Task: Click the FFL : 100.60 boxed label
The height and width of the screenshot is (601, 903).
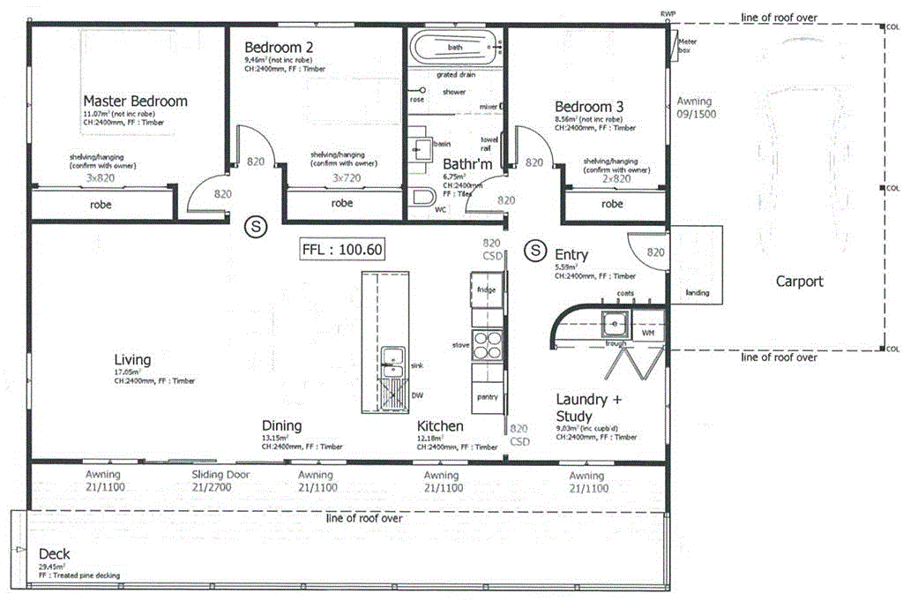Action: pos(342,250)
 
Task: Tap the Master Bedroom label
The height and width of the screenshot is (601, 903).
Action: pos(135,101)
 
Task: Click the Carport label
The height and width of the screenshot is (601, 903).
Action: pos(799,282)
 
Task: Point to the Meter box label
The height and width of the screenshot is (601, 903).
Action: pos(689,46)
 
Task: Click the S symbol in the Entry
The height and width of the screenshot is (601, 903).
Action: pos(534,251)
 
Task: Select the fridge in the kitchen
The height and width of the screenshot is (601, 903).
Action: pos(486,290)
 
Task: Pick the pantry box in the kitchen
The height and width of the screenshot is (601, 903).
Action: pos(487,397)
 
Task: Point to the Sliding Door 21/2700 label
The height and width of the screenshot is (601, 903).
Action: pos(220,480)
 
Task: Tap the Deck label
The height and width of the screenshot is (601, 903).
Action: pos(55,554)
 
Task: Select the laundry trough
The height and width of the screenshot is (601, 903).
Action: pos(615,326)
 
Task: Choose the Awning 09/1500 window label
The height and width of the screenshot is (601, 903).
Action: pos(696,108)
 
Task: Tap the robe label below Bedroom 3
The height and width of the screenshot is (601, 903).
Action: pos(612,204)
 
